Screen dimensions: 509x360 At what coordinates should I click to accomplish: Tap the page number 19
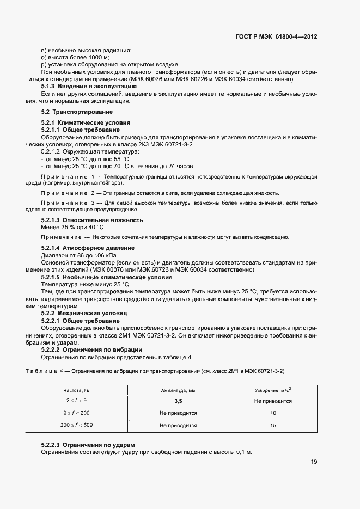click(x=314, y=462)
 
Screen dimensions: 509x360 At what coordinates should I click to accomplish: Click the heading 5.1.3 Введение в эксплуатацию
click(x=89, y=86)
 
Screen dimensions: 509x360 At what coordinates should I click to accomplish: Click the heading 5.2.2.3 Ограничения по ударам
click(x=88, y=445)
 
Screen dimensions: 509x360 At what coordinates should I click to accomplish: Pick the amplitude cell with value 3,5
click(x=178, y=401)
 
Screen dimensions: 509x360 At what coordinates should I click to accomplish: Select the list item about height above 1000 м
click(x=75, y=57)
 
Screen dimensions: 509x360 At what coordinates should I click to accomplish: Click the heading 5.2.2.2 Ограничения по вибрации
click(x=91, y=349)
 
